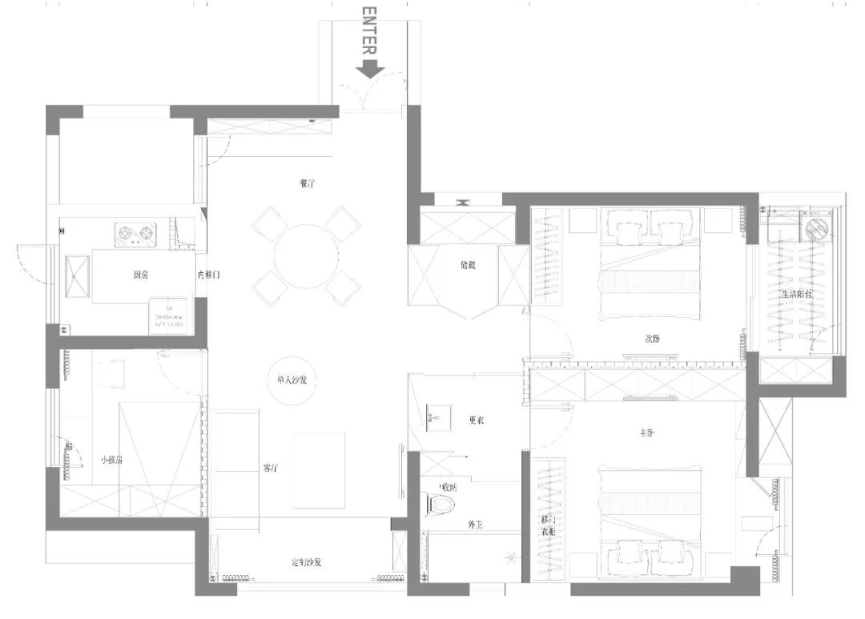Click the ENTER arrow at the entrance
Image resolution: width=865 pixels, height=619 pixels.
[369, 70]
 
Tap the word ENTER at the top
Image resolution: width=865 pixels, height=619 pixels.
[368, 30]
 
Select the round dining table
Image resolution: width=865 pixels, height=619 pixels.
[306, 255]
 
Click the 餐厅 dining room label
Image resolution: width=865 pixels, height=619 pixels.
[307, 183]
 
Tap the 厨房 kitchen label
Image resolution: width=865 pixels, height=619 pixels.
[140, 275]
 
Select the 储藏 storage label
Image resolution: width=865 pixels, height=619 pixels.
[468, 265]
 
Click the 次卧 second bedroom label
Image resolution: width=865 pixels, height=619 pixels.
[653, 338]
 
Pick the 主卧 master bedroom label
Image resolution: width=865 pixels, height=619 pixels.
[648, 433]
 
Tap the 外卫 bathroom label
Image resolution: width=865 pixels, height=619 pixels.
[476, 525]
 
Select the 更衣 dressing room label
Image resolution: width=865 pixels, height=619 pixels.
[476, 420]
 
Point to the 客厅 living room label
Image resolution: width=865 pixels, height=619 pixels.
[271, 468]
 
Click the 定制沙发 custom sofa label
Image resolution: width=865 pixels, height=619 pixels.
[306, 562]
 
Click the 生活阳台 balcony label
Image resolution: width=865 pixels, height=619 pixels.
[798, 295]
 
